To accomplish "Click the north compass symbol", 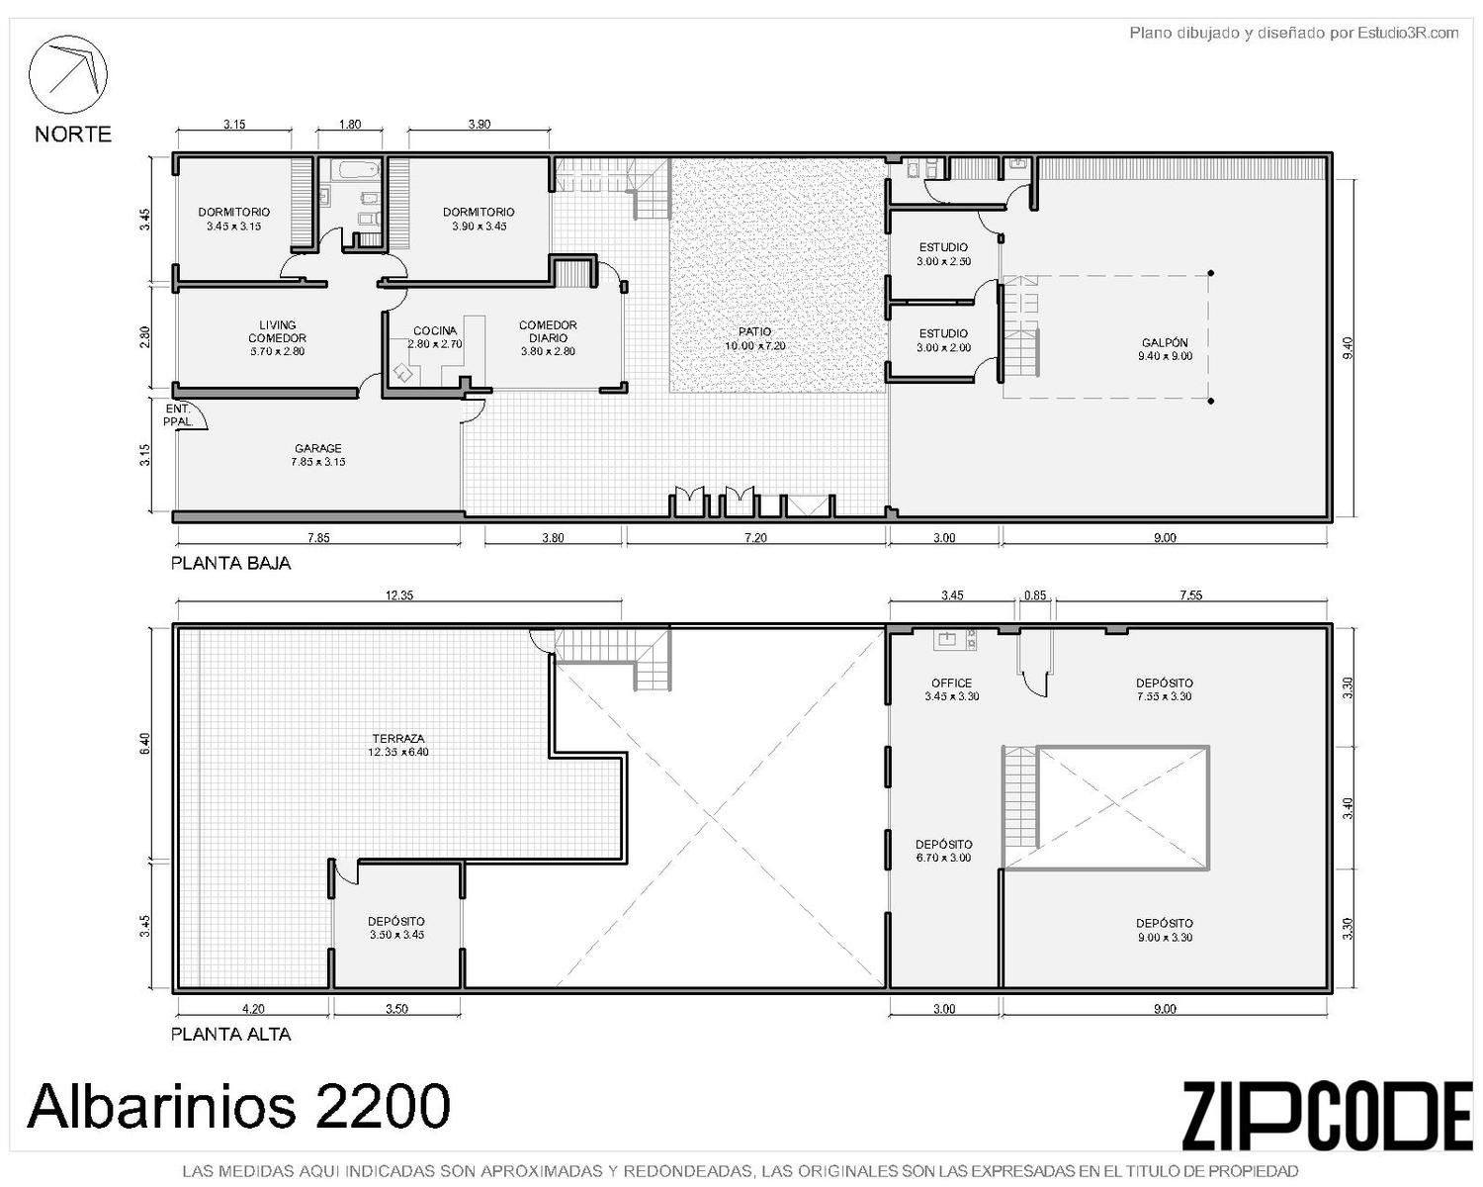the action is [x=67, y=74].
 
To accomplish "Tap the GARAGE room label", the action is [x=317, y=448].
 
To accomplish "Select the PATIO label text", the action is [x=754, y=331].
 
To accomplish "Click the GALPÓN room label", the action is [x=1165, y=342].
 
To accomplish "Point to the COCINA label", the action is [x=435, y=331].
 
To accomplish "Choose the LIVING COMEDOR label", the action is [x=277, y=331].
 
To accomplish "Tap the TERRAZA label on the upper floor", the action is [x=398, y=738].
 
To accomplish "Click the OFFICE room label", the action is [x=952, y=683].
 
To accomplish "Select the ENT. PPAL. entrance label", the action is [x=178, y=415].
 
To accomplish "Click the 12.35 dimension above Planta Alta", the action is [x=399, y=595].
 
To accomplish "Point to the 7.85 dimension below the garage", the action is [x=318, y=538].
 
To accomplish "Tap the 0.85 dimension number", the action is [x=1035, y=595].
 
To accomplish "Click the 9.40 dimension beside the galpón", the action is [x=1349, y=347].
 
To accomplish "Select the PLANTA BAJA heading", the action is [x=231, y=564].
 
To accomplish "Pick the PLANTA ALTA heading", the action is [x=231, y=1035].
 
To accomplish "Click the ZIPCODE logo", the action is [x=1328, y=1115].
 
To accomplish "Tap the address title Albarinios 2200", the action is [x=238, y=1106].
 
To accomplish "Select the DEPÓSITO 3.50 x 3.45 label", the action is [x=396, y=929].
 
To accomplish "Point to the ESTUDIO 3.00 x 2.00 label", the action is [x=943, y=340].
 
